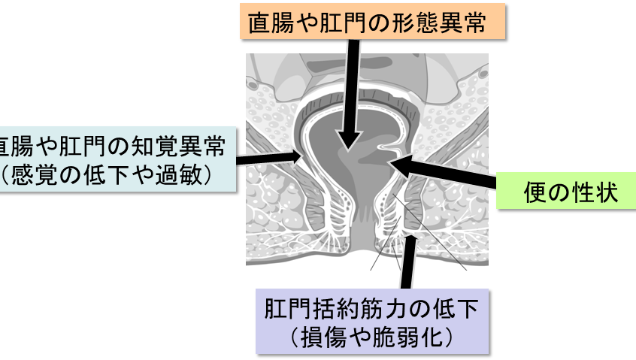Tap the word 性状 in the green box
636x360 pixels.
point(594,193)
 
